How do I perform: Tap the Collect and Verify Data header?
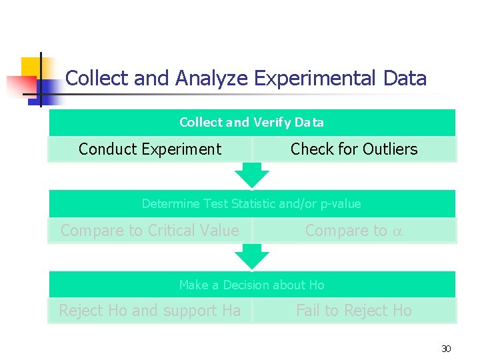pyautogui.click(x=251, y=123)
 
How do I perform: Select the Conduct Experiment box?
pyautogui.click(x=150, y=149)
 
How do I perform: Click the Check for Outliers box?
pyautogui.click(x=354, y=149)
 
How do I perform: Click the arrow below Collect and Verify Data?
pyautogui.click(x=252, y=175)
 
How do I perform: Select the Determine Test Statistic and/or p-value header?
pyautogui.click(x=251, y=204)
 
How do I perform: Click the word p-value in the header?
pyautogui.click(x=339, y=204)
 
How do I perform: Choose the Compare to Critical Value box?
pyautogui.click(x=150, y=231)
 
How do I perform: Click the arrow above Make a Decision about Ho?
pyautogui.click(x=252, y=257)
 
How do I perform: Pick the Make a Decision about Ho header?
pyautogui.click(x=251, y=285)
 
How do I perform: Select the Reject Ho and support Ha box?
pyautogui.click(x=150, y=311)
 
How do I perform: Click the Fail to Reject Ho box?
pyautogui.click(x=354, y=311)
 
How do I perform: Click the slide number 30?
pyautogui.click(x=446, y=349)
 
